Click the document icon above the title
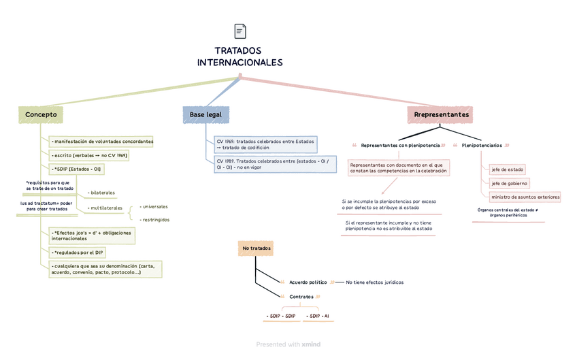coord(240,31)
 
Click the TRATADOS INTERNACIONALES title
coord(239,56)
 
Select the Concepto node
coord(41,115)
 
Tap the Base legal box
coord(205,115)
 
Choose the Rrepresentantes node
coord(441,115)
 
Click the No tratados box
coord(256,248)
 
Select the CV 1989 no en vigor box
coord(272,163)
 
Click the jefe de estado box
coord(507,169)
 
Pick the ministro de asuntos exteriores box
coord(525,197)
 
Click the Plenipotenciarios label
coord(482,146)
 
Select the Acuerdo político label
coord(308,282)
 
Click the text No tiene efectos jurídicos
coord(374,282)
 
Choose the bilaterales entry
coord(102,193)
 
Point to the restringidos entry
coord(155,220)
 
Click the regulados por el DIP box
coord(78,252)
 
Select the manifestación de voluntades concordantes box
coord(103,142)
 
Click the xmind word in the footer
coord(312,344)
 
